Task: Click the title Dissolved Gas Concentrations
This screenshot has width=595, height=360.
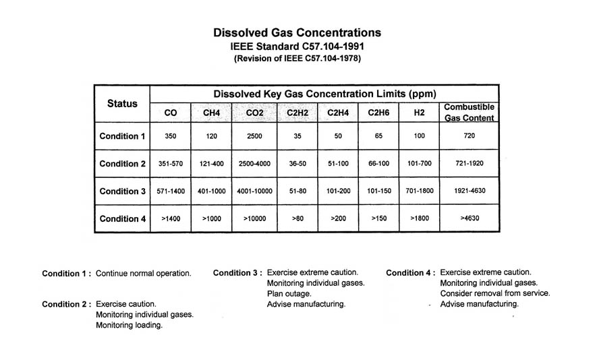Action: point(297,32)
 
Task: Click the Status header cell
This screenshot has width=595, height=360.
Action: point(122,104)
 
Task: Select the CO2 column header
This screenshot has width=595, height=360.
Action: point(254,113)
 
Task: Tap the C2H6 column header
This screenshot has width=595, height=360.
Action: point(378,113)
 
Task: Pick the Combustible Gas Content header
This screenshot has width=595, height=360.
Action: point(469,113)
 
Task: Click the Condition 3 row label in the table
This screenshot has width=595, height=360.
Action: point(122,191)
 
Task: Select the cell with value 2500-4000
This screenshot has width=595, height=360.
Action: point(254,164)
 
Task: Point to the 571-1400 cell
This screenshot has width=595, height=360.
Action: point(170,191)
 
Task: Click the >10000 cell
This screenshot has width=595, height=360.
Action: point(254,218)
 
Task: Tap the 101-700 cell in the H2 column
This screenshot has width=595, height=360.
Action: point(419,164)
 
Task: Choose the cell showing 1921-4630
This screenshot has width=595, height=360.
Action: point(469,191)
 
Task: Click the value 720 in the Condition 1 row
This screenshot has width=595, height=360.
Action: point(469,136)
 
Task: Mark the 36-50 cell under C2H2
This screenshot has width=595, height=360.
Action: point(297,164)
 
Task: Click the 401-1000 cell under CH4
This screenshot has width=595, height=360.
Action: point(211,191)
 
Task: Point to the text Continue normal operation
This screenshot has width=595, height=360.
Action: point(144,274)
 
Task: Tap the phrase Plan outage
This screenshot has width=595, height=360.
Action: point(289,294)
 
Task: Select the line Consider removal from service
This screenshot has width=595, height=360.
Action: point(495,294)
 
